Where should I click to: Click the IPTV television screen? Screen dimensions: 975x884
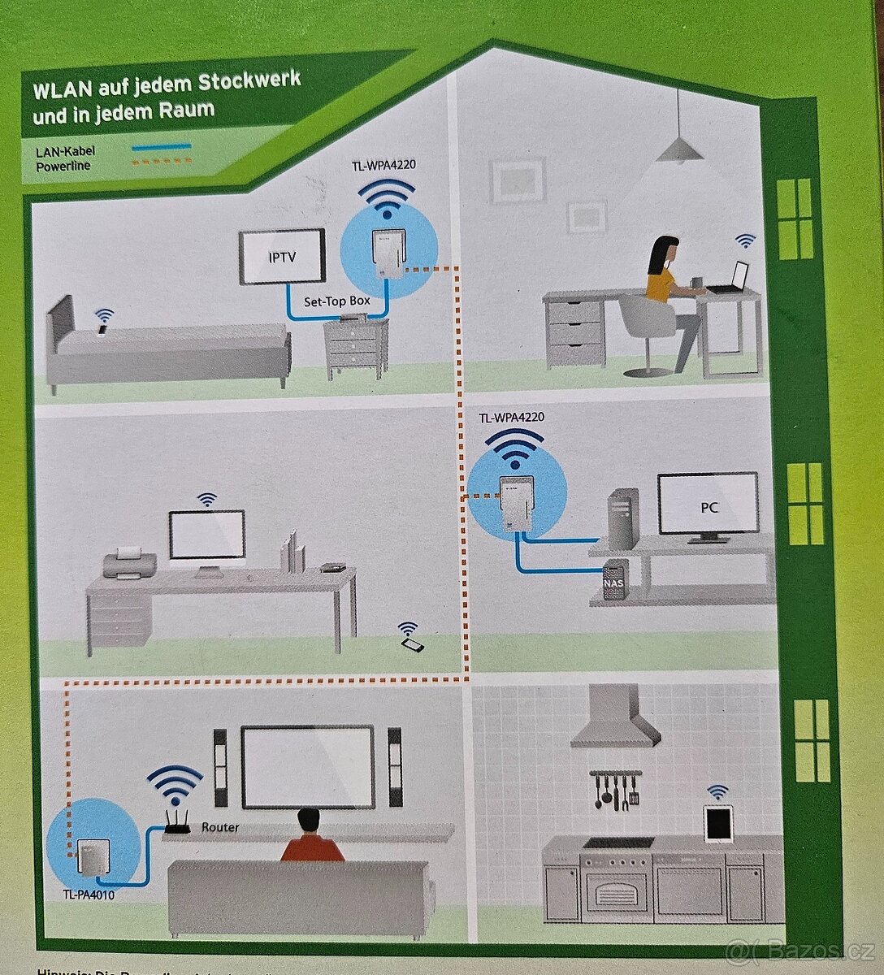[283, 258]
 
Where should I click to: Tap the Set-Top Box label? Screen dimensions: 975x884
[336, 301]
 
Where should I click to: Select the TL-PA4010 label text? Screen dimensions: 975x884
[89, 895]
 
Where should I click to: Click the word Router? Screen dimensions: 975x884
[220, 827]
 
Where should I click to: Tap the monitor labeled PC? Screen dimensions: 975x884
[708, 505]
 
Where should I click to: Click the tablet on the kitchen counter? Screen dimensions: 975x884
[718, 824]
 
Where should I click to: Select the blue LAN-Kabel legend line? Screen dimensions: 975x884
[161, 148]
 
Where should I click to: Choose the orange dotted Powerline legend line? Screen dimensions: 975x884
[161, 162]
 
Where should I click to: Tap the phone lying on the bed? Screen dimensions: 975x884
[102, 329]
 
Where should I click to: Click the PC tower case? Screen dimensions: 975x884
[623, 518]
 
